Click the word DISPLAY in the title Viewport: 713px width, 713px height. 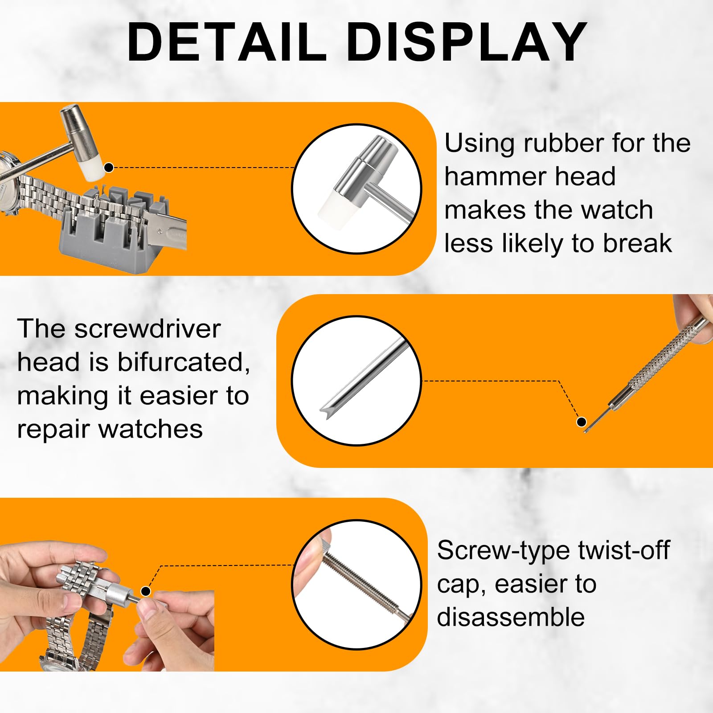tap(468, 42)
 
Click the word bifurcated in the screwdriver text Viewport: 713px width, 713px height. tap(183, 362)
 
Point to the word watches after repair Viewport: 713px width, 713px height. tap(150, 429)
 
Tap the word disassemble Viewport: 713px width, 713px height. tap(511, 617)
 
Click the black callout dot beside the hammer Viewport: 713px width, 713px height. tap(109, 168)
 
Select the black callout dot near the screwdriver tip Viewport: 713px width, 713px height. tap(581, 422)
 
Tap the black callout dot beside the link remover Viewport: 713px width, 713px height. tap(146, 591)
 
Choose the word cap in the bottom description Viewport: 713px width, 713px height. tap(460, 585)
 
